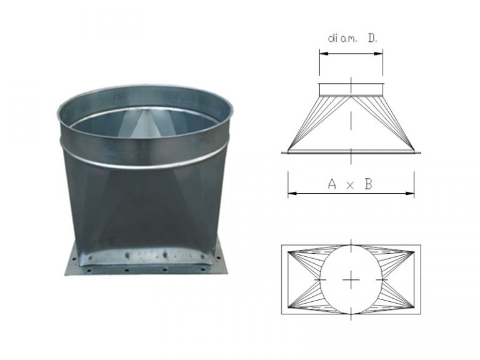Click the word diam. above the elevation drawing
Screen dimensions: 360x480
click(x=341, y=38)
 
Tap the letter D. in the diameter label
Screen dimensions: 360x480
click(x=372, y=38)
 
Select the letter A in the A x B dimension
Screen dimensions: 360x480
click(x=332, y=184)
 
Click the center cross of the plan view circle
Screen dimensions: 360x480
click(x=351, y=280)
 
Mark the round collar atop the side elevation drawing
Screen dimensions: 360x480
click(x=351, y=90)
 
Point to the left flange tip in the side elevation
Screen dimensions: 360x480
click(x=283, y=151)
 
